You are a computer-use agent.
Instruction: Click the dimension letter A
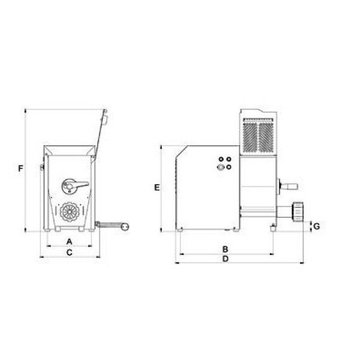coord(70,242)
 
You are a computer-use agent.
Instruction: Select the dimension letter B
coord(225,249)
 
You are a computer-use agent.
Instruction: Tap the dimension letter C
coord(69,253)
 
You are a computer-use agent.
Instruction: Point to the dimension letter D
coord(226,259)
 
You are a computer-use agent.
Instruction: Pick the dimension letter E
coord(157,188)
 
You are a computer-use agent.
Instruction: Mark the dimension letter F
coord(20,169)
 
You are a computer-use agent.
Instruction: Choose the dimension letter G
coord(316,226)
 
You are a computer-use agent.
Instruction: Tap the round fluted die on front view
coord(70,212)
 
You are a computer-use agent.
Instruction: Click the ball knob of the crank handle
coord(125,227)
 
